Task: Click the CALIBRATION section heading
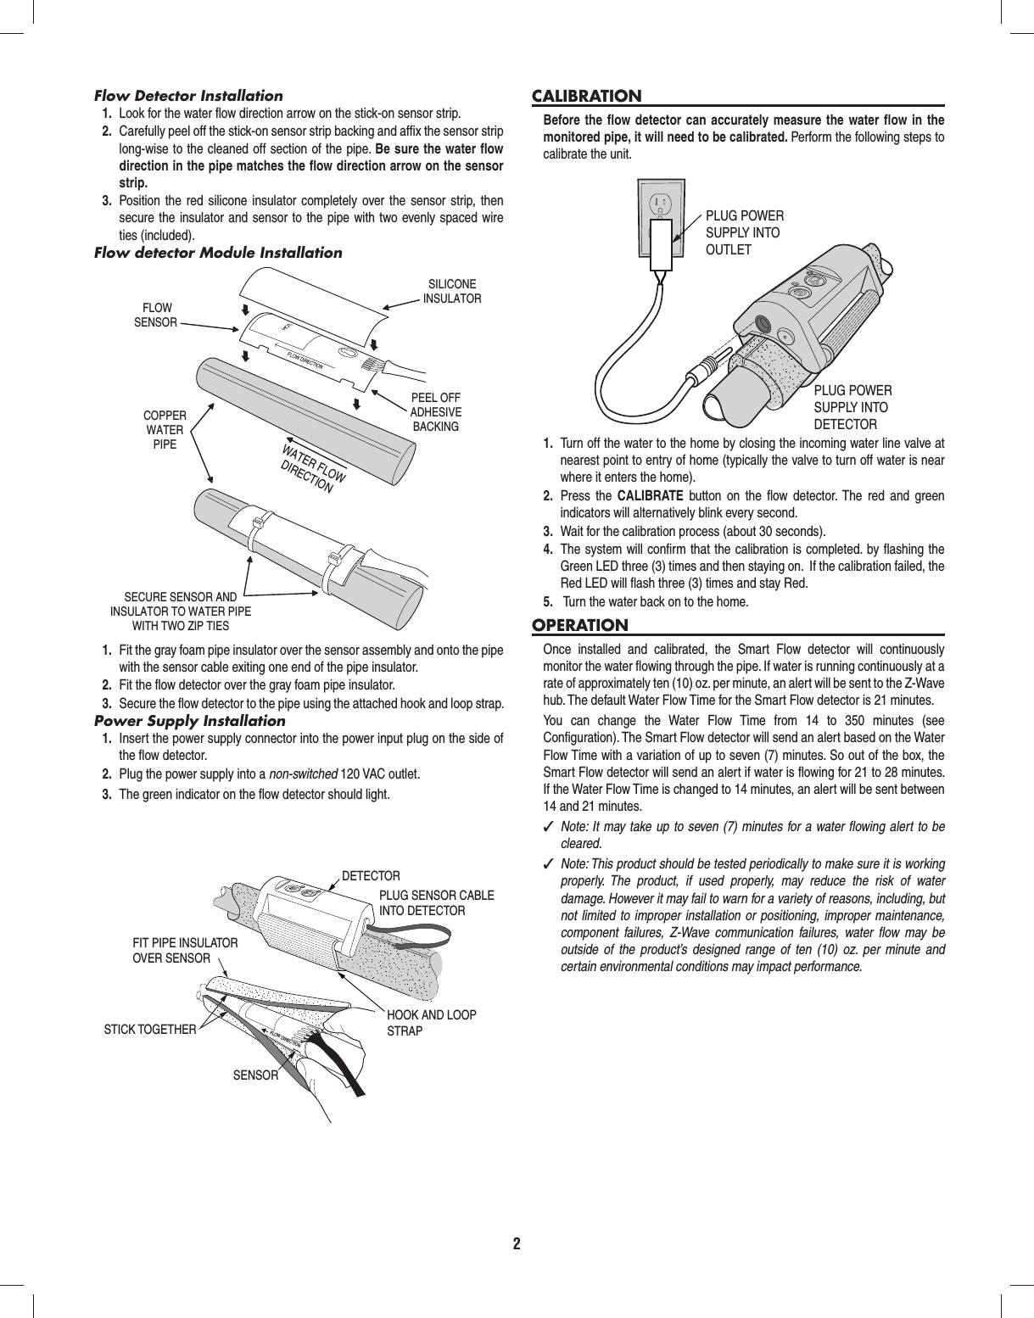586,96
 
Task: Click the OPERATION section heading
580,626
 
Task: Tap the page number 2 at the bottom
517,1244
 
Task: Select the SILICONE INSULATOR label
452,291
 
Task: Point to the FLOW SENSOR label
156,315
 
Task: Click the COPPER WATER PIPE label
165,429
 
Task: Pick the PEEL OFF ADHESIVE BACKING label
435,412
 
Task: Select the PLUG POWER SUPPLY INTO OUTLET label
744,232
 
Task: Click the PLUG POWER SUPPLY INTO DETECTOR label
852,407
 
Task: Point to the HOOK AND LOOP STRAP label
431,1023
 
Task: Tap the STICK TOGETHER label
149,1030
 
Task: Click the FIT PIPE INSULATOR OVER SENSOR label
185,950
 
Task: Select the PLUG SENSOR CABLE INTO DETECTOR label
436,902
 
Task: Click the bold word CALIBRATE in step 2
650,496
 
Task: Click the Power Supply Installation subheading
189,721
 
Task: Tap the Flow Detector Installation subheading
188,96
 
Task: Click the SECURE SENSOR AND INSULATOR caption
181,612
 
